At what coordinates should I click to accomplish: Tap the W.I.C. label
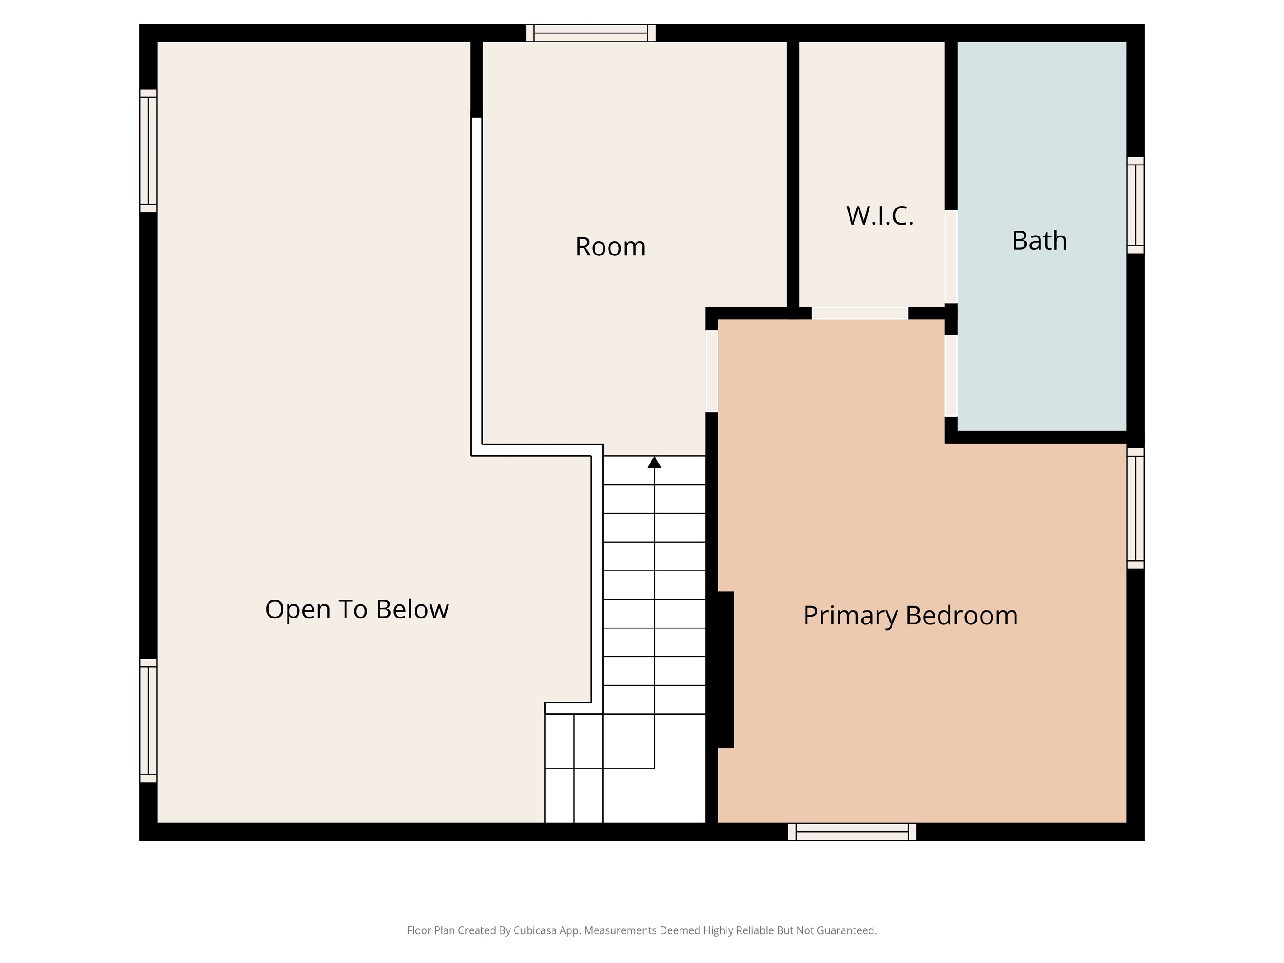(x=879, y=216)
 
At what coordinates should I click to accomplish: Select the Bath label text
(x=1039, y=241)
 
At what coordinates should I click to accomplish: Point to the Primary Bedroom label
(x=910, y=616)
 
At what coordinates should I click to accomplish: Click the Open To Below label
(x=357, y=610)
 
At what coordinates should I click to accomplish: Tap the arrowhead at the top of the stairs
(x=654, y=462)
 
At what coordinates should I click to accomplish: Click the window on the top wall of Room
(x=591, y=33)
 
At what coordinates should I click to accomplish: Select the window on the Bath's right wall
(x=1135, y=206)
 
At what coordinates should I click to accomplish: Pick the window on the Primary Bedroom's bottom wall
(x=852, y=832)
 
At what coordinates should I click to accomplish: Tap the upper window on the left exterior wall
(x=149, y=151)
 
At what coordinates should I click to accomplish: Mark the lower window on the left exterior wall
(x=149, y=720)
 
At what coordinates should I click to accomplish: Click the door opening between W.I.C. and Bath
(x=951, y=256)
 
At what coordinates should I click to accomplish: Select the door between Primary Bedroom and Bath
(x=951, y=376)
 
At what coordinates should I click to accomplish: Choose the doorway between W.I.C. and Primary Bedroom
(x=859, y=313)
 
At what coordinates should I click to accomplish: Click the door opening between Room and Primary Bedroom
(x=712, y=372)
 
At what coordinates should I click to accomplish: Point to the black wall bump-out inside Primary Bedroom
(x=726, y=670)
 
